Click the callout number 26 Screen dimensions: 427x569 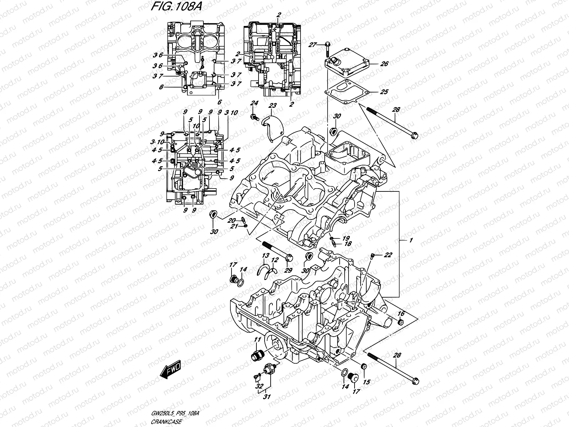(384, 64)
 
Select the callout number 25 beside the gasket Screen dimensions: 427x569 (384, 92)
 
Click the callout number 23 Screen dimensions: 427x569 (272, 106)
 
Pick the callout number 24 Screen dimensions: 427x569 (254, 103)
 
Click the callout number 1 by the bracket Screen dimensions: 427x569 (411, 241)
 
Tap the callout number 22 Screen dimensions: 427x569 (388, 255)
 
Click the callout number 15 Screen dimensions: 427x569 (366, 382)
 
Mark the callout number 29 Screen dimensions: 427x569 (288, 271)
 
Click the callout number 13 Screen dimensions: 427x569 (265, 256)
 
